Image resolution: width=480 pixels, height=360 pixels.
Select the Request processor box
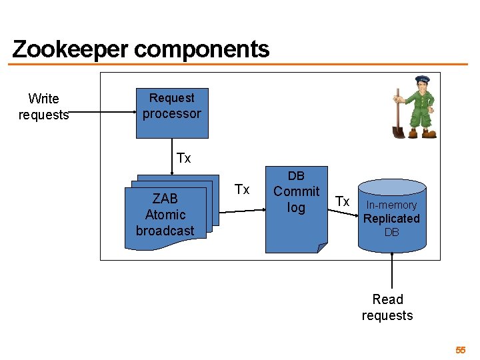[x=172, y=113]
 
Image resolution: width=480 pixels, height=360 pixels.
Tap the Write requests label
[x=43, y=107]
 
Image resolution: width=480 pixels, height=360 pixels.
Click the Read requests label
[x=387, y=307]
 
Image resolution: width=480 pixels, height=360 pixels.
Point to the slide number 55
[x=460, y=350]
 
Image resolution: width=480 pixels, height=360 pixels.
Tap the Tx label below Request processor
[x=183, y=158]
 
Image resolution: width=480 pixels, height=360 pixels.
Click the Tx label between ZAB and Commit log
[x=242, y=190]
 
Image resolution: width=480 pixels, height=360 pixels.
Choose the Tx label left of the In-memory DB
[x=342, y=201]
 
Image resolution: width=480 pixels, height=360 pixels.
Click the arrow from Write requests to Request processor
[x=103, y=113]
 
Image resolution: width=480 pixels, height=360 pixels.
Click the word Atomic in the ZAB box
[x=165, y=215]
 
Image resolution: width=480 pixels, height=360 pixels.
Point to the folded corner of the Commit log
[x=322, y=247]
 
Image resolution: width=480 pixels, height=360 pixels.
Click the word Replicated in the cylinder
[x=391, y=219]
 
